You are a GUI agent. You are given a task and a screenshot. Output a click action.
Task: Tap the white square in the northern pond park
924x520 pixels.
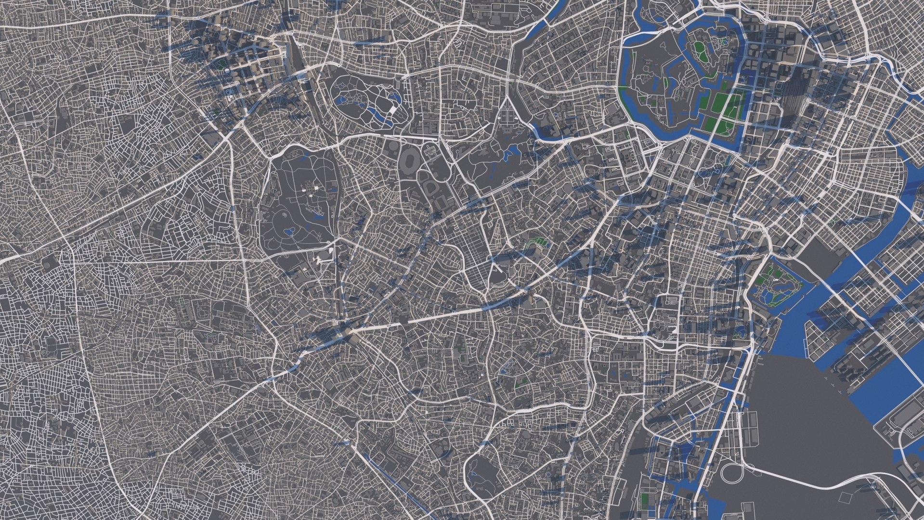pyautogui.click(x=394, y=110)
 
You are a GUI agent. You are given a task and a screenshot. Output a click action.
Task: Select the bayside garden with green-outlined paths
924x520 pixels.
pyautogui.click(x=776, y=285)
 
